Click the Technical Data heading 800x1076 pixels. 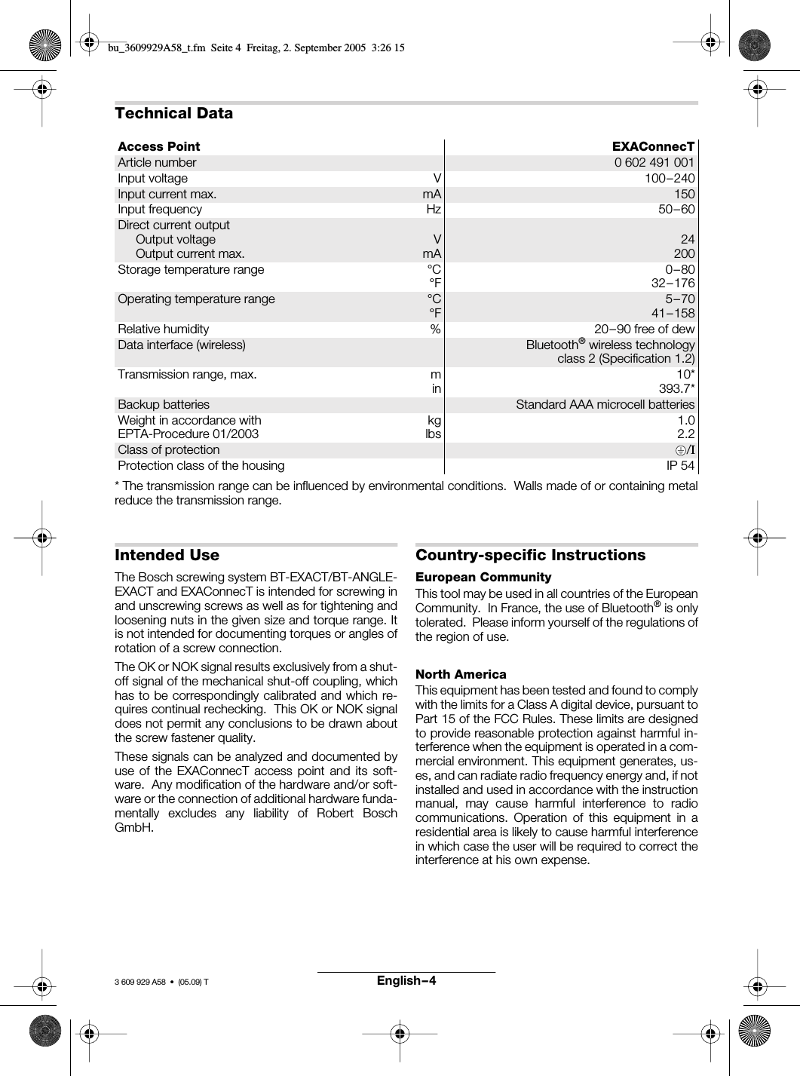click(173, 113)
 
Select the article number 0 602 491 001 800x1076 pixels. click(654, 162)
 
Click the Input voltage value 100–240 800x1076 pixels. click(670, 179)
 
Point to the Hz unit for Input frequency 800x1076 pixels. click(434, 210)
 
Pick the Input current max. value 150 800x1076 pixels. click(684, 194)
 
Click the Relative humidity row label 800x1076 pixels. click(163, 330)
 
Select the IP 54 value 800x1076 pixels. click(680, 465)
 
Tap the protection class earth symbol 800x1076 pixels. click(682, 450)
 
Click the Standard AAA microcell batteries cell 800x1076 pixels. click(605, 405)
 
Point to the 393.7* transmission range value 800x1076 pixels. click(676, 389)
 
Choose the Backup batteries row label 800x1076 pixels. click(164, 405)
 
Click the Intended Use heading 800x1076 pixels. click(167, 555)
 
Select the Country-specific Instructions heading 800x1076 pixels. click(530, 555)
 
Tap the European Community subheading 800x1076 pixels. click(483, 578)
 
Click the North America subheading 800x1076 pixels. click(461, 674)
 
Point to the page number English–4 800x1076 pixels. click(406, 980)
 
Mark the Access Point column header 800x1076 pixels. click(158, 146)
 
